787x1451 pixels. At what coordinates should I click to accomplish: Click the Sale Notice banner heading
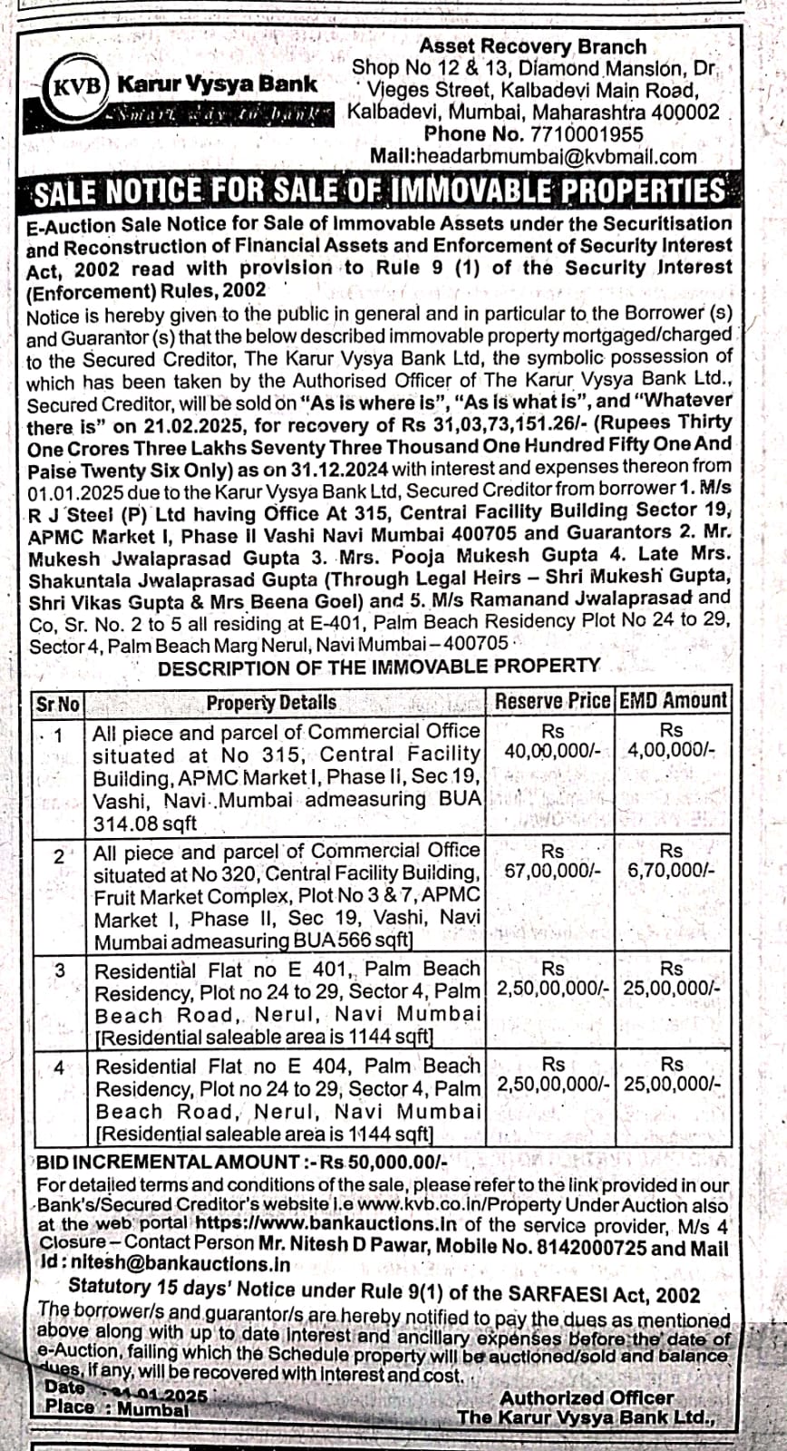(379, 191)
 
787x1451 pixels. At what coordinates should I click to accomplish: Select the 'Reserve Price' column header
(552, 701)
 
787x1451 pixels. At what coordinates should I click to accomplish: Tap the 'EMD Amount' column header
(672, 700)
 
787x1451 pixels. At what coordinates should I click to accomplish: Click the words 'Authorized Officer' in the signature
(586, 1398)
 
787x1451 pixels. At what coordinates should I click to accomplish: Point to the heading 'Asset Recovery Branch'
(532, 46)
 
